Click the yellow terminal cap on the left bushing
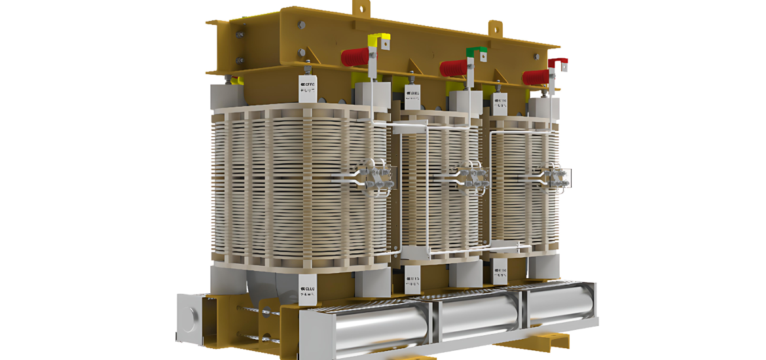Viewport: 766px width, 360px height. pos(379,38)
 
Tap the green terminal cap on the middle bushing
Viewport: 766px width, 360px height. pos(476,51)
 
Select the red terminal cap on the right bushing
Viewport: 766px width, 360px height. pos(558,63)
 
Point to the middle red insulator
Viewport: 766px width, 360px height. pos(454,67)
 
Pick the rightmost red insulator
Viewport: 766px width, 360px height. pos(537,77)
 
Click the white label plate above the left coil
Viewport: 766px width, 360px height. pos(308,88)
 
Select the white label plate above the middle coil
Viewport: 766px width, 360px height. pos(414,97)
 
